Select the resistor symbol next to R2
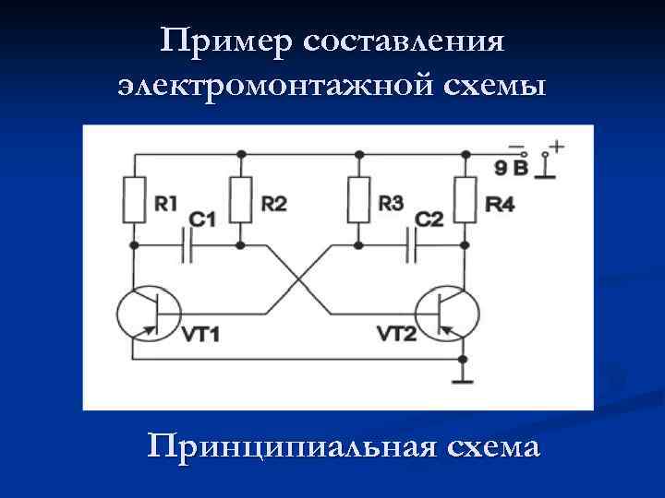[242, 200]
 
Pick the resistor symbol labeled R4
[464, 200]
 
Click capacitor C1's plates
[188, 245]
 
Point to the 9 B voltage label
[513, 168]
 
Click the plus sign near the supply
[557, 146]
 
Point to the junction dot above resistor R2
[242, 153]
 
